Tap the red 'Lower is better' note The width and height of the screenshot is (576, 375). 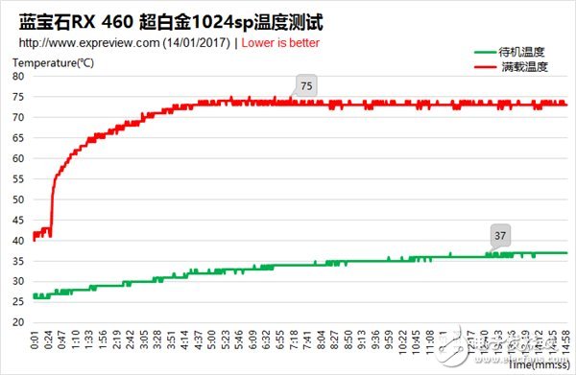(x=280, y=43)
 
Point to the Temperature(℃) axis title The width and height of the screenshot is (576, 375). (x=53, y=63)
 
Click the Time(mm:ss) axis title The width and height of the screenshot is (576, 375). (x=536, y=365)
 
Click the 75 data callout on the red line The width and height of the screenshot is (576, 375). (x=306, y=86)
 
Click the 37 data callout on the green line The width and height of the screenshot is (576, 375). (x=499, y=236)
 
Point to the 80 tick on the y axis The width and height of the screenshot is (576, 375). (x=18, y=77)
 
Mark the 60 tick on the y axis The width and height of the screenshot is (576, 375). (x=18, y=158)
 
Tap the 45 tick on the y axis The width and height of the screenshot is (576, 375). (x=18, y=220)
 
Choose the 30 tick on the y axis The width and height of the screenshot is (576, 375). (x=18, y=281)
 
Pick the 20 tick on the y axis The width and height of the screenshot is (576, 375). (x=18, y=322)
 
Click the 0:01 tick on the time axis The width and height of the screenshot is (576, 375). (x=36, y=341)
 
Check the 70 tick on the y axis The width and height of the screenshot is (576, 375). (x=18, y=117)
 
